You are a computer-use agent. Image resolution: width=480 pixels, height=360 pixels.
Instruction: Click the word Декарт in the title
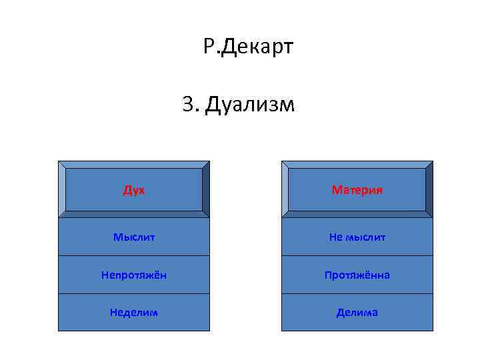point(257,47)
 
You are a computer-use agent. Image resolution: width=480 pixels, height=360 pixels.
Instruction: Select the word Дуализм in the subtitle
point(249,105)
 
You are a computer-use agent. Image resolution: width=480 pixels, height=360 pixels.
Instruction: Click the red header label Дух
point(133,190)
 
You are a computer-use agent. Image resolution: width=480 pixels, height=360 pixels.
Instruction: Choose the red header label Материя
point(357,190)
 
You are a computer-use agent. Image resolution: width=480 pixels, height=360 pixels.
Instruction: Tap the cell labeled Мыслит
point(133,237)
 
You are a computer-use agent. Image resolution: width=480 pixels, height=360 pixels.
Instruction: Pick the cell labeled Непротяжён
point(133,275)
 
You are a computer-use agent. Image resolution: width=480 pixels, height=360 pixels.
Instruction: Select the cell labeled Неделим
point(133,312)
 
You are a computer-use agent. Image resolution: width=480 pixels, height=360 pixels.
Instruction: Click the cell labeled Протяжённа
point(357,275)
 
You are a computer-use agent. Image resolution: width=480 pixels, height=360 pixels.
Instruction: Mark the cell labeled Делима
point(357,312)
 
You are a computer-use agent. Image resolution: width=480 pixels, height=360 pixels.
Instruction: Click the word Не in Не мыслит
point(336,237)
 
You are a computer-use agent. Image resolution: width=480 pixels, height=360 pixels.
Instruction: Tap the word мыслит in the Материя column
point(365,237)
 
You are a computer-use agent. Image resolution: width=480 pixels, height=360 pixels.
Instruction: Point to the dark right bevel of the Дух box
point(205,189)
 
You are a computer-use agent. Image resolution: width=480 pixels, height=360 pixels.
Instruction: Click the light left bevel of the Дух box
point(62,189)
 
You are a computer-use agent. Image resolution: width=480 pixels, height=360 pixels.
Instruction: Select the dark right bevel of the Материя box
point(429,189)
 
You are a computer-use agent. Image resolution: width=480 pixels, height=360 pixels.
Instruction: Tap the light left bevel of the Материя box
point(285,189)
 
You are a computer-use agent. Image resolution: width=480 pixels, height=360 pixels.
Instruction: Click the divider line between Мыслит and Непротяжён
point(133,256)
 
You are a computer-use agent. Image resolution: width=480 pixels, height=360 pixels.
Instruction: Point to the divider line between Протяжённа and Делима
point(357,293)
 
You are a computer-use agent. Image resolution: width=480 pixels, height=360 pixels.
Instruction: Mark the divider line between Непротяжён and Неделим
point(133,293)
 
